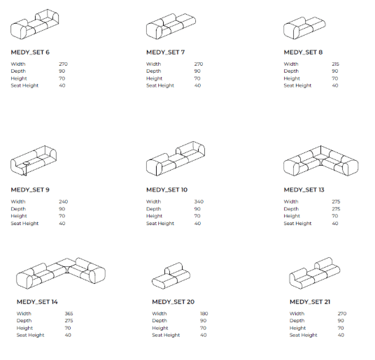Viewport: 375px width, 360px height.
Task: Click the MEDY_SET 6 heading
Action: pyautogui.click(x=30, y=52)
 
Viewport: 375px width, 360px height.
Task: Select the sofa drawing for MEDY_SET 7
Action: pyautogui.click(x=171, y=27)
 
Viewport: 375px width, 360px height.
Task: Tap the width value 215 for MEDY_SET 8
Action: pyautogui.click(x=335, y=64)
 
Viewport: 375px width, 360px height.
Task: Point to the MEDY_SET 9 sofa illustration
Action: pyautogui.click(x=34, y=161)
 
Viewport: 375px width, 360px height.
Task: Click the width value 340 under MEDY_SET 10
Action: pyautogui.click(x=199, y=201)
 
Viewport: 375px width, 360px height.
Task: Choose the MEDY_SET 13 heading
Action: pyautogui.click(x=304, y=190)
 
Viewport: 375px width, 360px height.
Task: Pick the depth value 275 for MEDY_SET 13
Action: pyautogui.click(x=336, y=209)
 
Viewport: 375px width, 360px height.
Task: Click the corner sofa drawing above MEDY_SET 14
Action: pyautogui.click(x=61, y=273)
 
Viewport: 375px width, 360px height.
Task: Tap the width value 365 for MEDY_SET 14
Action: pyautogui.click(x=69, y=313)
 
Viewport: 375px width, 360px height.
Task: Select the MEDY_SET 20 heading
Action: pyautogui.click(x=173, y=302)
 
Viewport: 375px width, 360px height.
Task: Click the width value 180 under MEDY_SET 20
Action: pyautogui.click(x=204, y=313)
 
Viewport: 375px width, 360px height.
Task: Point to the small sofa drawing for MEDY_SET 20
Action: pyautogui.click(x=171, y=275)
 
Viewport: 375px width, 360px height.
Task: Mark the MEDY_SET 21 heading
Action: pyautogui.click(x=310, y=302)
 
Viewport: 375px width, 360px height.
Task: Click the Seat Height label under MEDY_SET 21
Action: pyautogui.click(x=303, y=335)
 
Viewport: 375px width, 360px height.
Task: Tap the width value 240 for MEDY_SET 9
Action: pyautogui.click(x=64, y=201)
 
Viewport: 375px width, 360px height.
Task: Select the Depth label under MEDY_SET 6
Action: pyautogui.click(x=18, y=71)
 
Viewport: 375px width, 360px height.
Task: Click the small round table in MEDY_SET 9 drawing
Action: pyautogui.click(x=27, y=164)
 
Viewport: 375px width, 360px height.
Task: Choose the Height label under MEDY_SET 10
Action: pyautogui.click(x=154, y=216)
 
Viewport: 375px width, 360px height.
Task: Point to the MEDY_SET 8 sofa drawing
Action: pyautogui.click(x=304, y=28)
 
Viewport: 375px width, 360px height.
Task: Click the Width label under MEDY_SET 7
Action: pyautogui.click(x=153, y=64)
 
